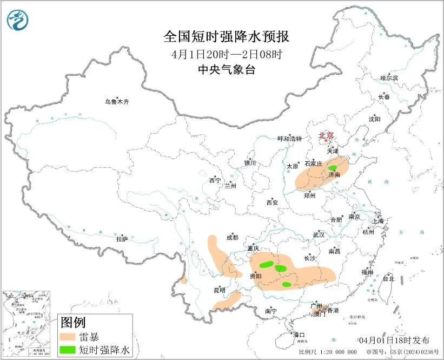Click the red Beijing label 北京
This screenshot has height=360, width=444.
[x=326, y=136]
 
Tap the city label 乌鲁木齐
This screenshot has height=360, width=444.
[x=117, y=101]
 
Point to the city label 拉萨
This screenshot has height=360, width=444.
[x=122, y=238]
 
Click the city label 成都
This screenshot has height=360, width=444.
[x=232, y=237]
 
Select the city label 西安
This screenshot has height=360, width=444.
[x=272, y=202]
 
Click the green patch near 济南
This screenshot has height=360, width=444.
[x=334, y=168]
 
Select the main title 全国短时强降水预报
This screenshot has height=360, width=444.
[x=227, y=37]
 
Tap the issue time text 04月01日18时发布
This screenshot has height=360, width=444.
[x=394, y=340]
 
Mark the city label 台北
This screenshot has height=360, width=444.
[x=388, y=279]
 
